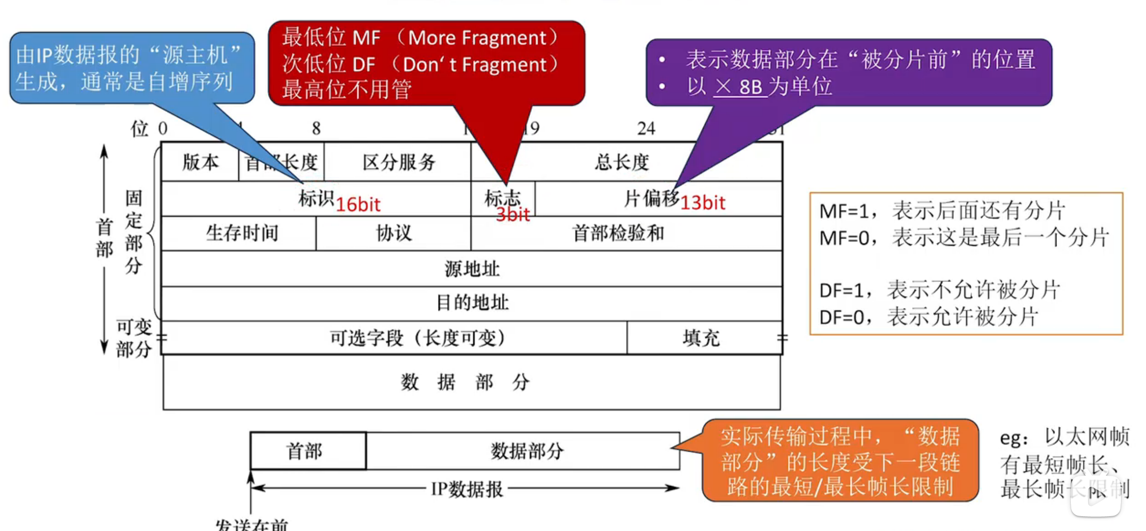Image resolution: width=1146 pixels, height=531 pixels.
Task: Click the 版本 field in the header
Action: coord(200,162)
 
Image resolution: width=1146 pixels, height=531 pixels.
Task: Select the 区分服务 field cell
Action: coord(398,162)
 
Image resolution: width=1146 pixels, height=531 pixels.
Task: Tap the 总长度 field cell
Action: coord(622,162)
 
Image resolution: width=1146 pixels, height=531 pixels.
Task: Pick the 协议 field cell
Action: coord(393,233)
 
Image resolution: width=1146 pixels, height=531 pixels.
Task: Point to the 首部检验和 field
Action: coord(618,233)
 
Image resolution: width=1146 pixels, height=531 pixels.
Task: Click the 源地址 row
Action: coord(471,269)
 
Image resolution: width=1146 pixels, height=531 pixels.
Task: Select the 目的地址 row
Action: coord(471,303)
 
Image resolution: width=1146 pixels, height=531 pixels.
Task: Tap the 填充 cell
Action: coord(701,338)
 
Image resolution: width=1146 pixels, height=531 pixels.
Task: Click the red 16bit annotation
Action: coord(358,204)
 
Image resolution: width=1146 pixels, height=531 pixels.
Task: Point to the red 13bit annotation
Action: coord(702,203)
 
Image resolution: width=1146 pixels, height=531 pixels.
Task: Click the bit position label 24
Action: coord(646,128)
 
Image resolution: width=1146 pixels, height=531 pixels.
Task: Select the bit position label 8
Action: coord(316,128)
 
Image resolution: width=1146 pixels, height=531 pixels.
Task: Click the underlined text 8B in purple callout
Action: coord(750,87)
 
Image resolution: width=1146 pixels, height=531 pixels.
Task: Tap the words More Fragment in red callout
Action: coord(477,38)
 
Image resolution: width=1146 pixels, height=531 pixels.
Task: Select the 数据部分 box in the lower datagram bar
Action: coord(527,451)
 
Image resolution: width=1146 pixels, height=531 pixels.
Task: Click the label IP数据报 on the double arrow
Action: coord(466,489)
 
